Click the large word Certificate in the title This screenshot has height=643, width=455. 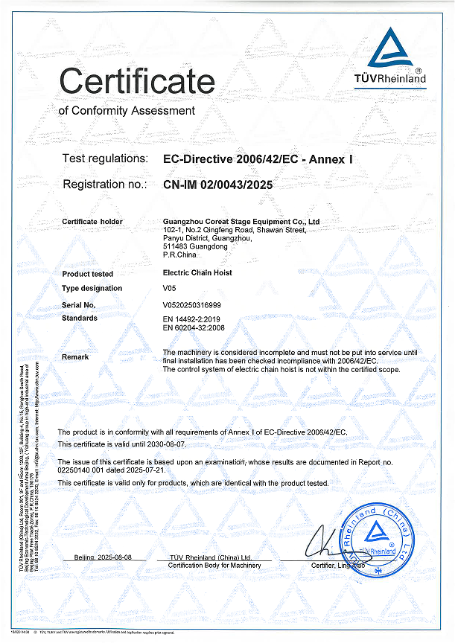click(137, 80)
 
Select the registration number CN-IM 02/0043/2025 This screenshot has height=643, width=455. click(211, 184)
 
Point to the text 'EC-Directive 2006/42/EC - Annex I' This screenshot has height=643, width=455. click(255, 159)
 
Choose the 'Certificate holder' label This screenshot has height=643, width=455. click(92, 222)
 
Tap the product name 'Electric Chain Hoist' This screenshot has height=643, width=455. click(197, 273)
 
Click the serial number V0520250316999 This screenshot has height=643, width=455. click(191, 304)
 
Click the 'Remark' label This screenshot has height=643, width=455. click(75, 357)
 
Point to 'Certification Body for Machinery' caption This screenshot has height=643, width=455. click(214, 566)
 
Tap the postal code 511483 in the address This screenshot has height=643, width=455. click(176, 246)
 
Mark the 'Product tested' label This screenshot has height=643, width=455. click(88, 273)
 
